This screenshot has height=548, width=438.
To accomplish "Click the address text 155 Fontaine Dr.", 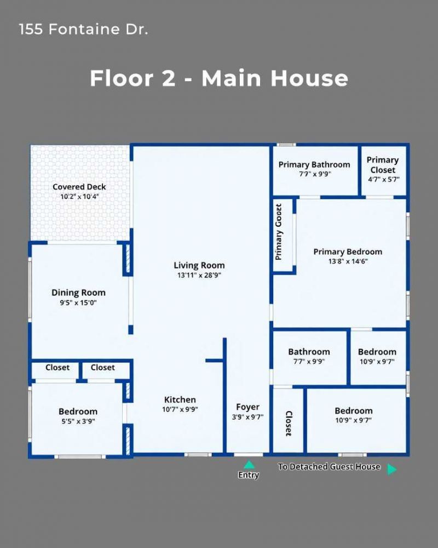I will (x=83, y=30).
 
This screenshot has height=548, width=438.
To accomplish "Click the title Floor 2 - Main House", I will (x=219, y=78).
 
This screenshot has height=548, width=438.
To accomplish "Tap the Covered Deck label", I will (x=79, y=187).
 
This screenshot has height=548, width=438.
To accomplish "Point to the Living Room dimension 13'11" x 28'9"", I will (x=199, y=276).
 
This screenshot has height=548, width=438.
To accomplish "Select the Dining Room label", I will (x=78, y=293).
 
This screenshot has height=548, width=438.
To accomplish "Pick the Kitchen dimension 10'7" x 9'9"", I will (x=180, y=409).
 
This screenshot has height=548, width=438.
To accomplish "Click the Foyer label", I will (x=247, y=407).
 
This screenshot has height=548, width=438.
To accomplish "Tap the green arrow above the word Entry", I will (x=249, y=465).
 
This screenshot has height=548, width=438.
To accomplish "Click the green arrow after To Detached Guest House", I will (x=391, y=469).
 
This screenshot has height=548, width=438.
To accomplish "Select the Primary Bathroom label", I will (x=314, y=164).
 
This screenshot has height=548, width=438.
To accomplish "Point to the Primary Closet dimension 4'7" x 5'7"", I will (x=383, y=179).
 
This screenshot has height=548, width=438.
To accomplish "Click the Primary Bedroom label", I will (x=348, y=252).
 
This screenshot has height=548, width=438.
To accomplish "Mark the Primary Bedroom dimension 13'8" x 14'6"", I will (x=348, y=261).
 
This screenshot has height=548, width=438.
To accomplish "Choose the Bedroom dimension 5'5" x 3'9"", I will (x=78, y=421).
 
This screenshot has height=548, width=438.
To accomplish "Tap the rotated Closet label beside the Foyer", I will (x=289, y=423).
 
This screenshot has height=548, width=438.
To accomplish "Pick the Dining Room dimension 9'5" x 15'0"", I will (x=78, y=302).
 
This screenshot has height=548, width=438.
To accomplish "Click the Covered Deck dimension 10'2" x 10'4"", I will (x=79, y=196).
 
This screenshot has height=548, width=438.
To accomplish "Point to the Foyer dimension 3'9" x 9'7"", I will (x=247, y=416).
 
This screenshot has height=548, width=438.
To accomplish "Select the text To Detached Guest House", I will (x=328, y=467).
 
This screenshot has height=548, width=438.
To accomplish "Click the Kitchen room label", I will (x=180, y=399).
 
